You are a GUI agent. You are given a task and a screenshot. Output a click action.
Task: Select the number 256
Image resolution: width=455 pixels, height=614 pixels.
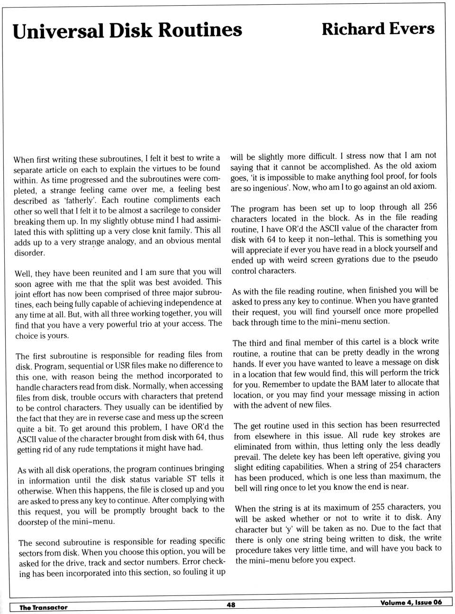(430, 207)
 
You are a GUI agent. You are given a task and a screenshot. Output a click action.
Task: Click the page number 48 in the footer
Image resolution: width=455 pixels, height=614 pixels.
(231, 605)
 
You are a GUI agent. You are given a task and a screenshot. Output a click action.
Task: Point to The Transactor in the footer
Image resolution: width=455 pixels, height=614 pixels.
(43, 607)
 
